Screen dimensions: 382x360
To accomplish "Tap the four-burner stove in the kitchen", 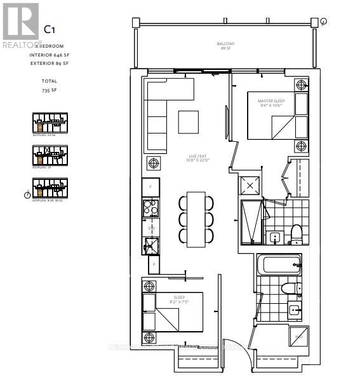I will click(151, 208).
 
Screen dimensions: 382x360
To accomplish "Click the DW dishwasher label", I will click(151, 227).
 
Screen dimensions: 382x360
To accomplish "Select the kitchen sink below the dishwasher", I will click(151, 245).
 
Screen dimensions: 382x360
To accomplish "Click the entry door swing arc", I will click(234, 350).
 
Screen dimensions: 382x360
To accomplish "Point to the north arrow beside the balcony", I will click(323, 22).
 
